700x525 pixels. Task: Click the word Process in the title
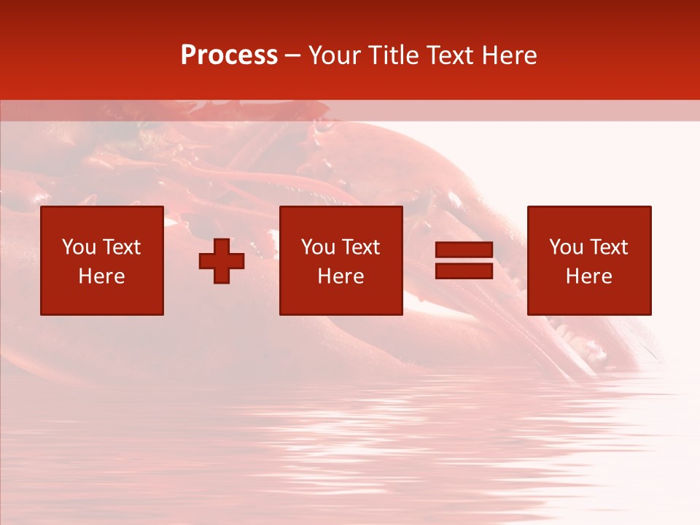click(x=229, y=55)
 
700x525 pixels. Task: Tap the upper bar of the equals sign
click(x=464, y=250)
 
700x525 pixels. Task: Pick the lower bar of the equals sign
click(x=464, y=271)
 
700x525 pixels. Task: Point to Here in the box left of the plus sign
click(x=101, y=276)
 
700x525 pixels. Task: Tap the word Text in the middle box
click(x=360, y=247)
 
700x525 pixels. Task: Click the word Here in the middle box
click(x=341, y=276)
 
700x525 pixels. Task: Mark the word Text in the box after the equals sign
click(x=608, y=247)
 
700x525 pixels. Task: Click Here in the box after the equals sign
click(x=588, y=276)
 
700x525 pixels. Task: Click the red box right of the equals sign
click(x=589, y=299)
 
